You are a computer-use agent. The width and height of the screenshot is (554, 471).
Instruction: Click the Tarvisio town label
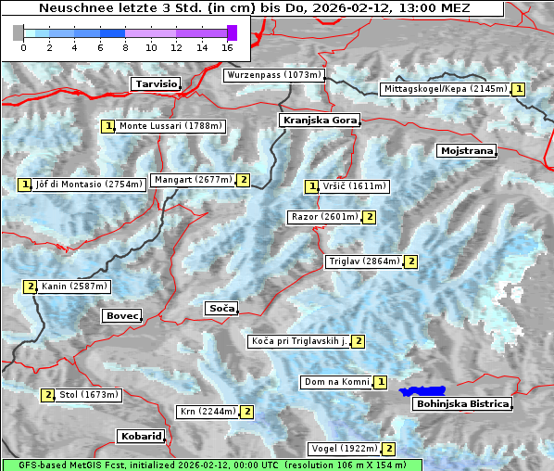pos(156,83)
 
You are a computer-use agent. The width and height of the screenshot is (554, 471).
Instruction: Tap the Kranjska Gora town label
pos(319,121)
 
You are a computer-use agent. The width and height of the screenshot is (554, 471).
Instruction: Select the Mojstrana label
pos(467,150)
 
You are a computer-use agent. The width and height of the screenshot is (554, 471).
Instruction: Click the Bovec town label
pos(121,316)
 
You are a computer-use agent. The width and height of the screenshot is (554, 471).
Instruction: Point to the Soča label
pos(221,308)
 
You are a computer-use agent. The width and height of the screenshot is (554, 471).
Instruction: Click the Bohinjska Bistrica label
pos(462,404)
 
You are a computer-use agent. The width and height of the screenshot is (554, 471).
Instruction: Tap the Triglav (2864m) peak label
pos(364,261)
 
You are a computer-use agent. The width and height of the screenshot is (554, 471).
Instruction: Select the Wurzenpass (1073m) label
pos(274,75)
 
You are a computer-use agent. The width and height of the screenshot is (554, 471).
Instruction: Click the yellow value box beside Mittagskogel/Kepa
pos(519,89)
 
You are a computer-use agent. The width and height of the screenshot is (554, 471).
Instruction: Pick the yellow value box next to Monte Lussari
pos(108,126)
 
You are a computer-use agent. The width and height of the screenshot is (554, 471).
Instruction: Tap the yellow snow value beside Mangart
pos(244,180)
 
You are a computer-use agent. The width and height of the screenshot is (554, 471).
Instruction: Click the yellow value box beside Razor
pos(369,217)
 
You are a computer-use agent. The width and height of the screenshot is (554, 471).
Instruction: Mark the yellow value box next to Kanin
pos(30,286)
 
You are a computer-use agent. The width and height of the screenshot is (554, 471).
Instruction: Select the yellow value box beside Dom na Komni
pos(380,382)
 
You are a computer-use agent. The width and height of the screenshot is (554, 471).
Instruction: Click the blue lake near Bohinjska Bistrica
pos(422,392)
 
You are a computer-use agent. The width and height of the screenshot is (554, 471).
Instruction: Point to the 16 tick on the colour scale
pos(227,47)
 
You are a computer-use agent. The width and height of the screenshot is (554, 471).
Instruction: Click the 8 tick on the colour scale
pos(125,47)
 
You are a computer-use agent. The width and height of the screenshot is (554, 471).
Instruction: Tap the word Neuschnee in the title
pos(70,8)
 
